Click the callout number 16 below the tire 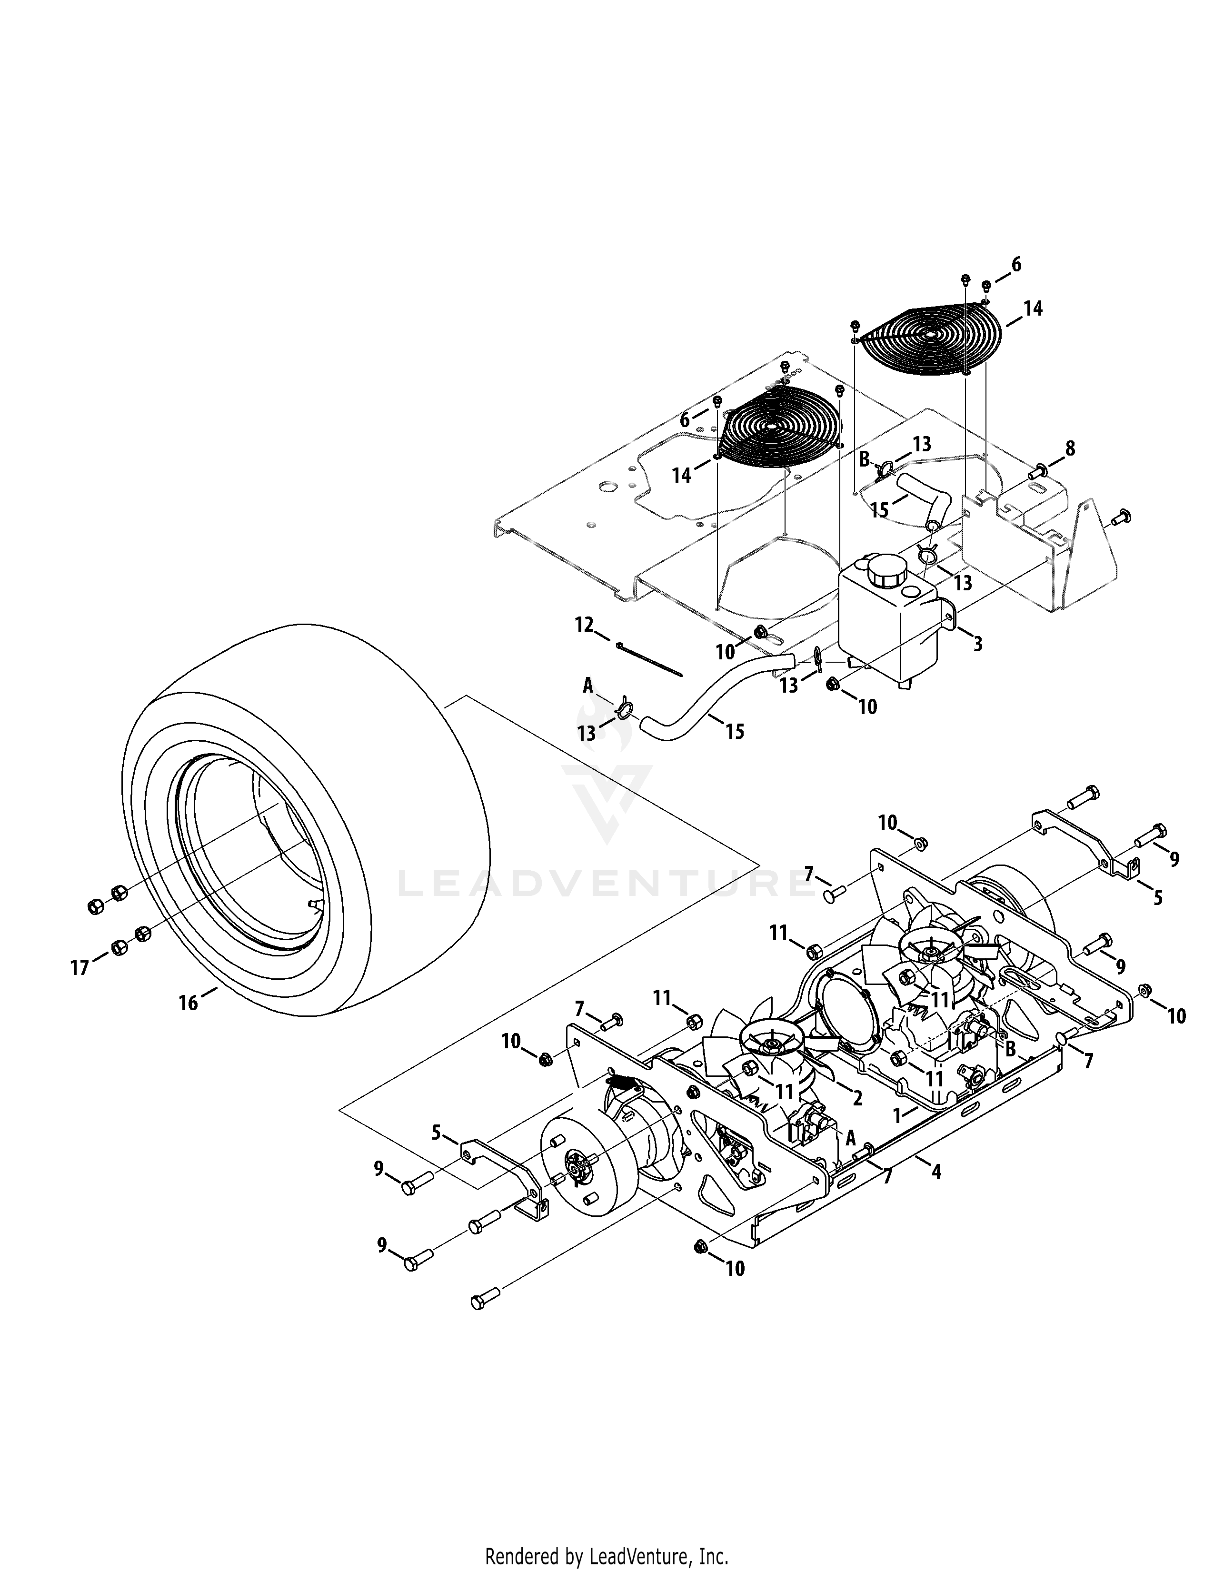tap(189, 1002)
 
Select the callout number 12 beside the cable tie tap(584, 625)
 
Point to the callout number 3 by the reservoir tap(977, 644)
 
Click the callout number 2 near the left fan tap(857, 1098)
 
